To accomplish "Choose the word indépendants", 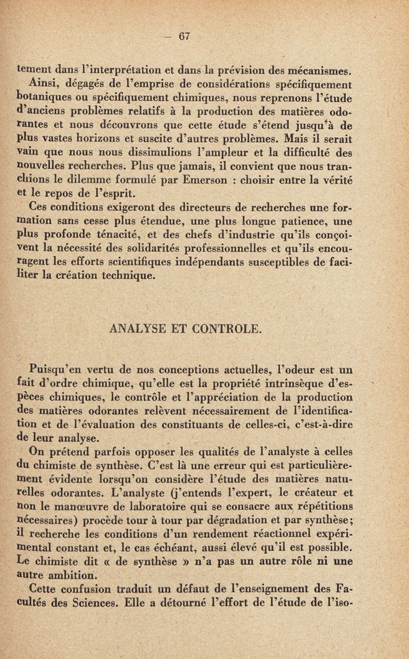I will [249, 262].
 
